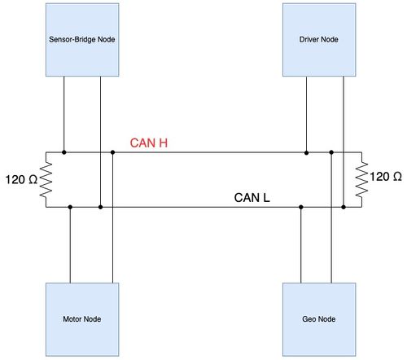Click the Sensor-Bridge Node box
click(82, 40)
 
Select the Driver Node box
click(319, 40)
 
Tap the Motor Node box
click(82, 319)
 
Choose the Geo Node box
click(319, 319)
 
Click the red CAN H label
click(149, 143)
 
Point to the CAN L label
click(252, 198)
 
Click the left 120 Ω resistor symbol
click(46, 179)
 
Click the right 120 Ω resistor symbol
click(361, 179)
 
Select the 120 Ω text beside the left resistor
click(21, 179)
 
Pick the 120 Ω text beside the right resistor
click(386, 177)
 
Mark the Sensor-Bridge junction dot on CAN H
click(64, 152)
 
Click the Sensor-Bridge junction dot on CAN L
click(100, 207)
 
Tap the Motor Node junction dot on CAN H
click(112, 152)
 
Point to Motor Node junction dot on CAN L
click(70, 207)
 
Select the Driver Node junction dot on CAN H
click(306, 152)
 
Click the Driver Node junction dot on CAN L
click(344, 207)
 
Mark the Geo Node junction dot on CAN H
click(331, 152)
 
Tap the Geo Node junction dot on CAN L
click(301, 207)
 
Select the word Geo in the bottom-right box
click(309, 319)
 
